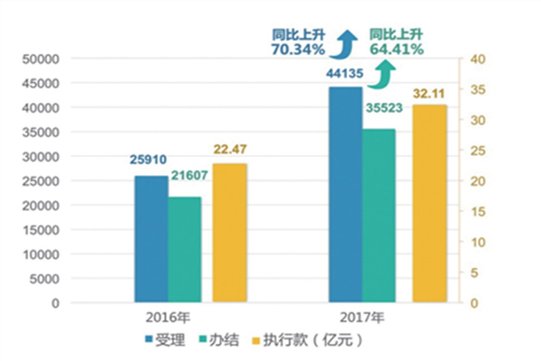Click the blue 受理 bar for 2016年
pos(151,239)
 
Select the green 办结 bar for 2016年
pos(185,250)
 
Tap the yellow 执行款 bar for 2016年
pos(229,233)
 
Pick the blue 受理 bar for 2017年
pos(345,194)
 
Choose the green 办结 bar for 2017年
pos(380,216)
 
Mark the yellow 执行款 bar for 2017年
pos(429,204)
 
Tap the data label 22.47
pos(229,151)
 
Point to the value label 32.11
pos(429,92)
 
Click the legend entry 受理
pos(165,342)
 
